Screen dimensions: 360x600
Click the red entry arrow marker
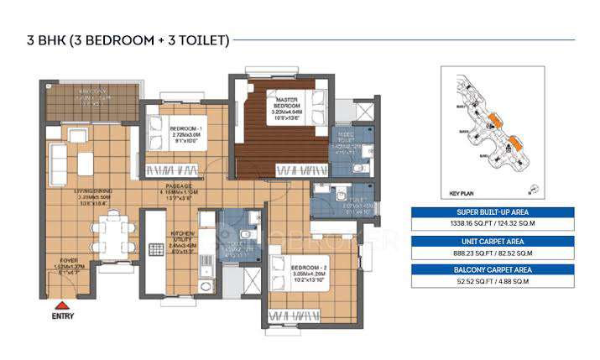click(x=60, y=305)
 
